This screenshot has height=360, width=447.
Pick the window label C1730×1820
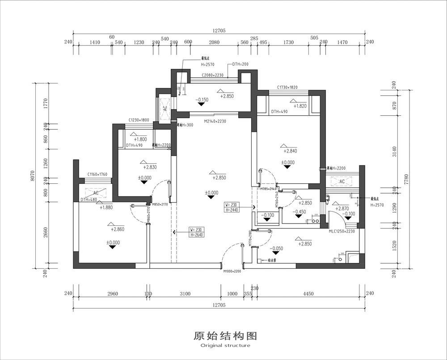[287, 88]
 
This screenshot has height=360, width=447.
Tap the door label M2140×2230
[215, 121]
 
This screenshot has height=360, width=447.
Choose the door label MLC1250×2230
[342, 231]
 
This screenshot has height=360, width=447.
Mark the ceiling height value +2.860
[118, 229]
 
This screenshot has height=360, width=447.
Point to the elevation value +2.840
[290, 151]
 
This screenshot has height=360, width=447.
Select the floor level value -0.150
[202, 100]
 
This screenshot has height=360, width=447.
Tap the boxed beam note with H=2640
[187, 232]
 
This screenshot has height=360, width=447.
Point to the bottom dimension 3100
[184, 294]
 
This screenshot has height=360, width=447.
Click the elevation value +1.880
[106, 208]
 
